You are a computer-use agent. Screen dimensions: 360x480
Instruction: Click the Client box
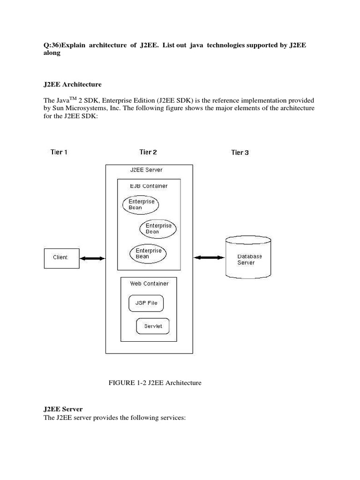[x=61, y=258]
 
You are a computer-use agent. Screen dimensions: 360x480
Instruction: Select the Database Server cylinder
[x=248, y=257]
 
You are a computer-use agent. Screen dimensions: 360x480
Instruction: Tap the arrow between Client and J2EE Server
[x=92, y=258]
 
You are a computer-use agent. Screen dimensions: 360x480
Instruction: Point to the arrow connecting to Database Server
[x=209, y=257]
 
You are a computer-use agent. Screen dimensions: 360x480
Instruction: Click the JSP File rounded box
[x=146, y=303]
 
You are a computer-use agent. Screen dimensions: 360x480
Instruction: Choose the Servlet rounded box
[x=153, y=326]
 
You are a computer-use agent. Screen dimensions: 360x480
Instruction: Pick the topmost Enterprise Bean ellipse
[x=141, y=204]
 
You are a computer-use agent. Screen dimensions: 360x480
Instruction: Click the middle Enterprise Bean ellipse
[x=158, y=229]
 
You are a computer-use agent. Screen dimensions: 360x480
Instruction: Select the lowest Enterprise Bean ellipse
[x=148, y=254]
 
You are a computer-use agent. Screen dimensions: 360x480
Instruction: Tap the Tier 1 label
[x=59, y=152]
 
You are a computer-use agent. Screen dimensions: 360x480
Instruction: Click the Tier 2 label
[x=148, y=152]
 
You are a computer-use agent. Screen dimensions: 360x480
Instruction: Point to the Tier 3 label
[x=240, y=152]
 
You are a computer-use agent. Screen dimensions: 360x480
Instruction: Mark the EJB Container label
[x=149, y=186]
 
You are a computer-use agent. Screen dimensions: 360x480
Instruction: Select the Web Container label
[x=149, y=284]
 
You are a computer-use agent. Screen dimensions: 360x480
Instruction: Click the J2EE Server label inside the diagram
[x=146, y=170]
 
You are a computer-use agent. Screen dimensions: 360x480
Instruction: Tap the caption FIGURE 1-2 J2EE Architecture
[x=155, y=382]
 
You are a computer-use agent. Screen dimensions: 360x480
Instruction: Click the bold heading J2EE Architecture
[x=72, y=84]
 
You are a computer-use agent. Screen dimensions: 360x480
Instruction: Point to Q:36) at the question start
[x=52, y=45]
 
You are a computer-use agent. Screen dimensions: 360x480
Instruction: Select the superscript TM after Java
[x=73, y=98]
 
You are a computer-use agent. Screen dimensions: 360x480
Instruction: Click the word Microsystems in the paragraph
[x=87, y=108]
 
